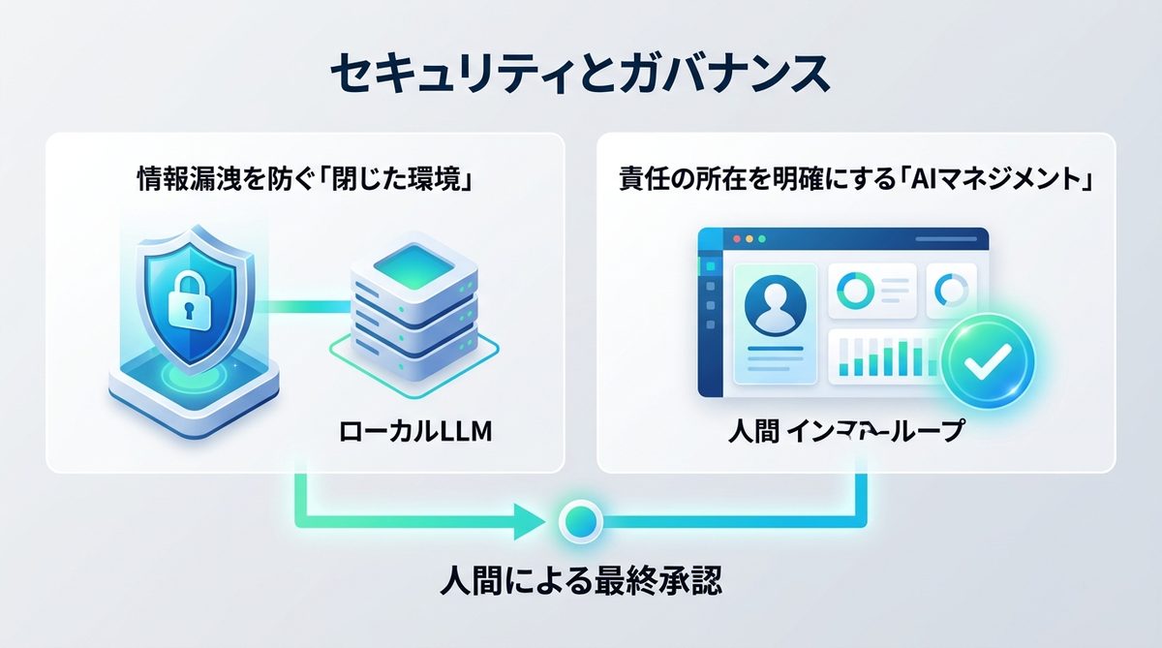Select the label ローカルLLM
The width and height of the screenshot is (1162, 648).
(415, 431)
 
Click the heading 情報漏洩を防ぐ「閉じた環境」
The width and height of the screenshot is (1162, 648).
(304, 181)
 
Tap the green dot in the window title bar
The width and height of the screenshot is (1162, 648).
(760, 237)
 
